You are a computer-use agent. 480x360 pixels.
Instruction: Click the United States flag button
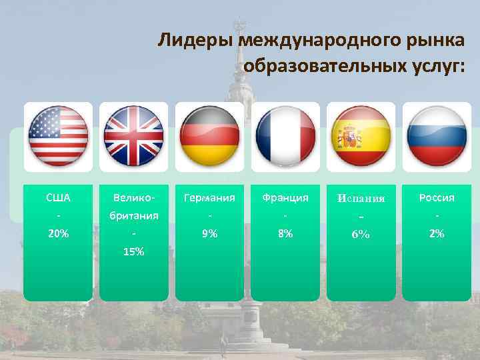58,136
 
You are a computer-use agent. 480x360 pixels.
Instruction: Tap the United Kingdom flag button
134,136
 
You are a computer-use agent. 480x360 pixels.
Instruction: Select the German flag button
210,136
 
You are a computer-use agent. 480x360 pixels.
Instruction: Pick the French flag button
286,136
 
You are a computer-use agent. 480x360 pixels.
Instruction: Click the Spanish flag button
362,136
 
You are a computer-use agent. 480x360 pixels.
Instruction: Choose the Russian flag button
437,136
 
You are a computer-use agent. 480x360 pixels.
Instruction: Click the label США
58,198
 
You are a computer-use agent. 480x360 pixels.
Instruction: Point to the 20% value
58,234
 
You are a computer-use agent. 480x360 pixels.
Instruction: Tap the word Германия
210,198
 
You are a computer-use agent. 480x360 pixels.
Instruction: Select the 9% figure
210,234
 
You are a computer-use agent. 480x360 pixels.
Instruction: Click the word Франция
286,198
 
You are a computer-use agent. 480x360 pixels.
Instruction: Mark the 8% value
286,234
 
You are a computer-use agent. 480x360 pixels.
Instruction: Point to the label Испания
361,199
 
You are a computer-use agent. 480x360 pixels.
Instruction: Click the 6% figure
361,235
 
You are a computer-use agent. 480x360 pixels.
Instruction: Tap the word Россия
437,198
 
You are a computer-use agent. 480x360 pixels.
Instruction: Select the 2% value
437,234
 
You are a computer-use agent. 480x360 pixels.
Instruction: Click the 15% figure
134,252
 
